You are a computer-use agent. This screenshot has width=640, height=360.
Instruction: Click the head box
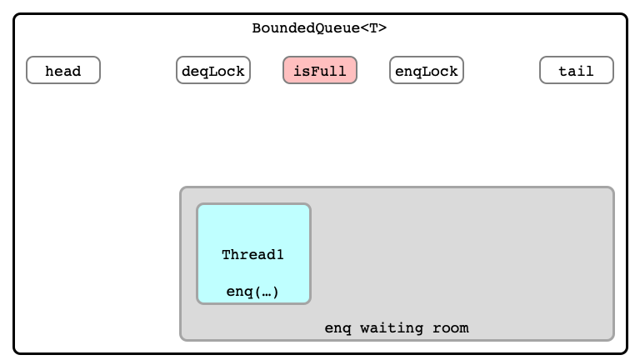63,70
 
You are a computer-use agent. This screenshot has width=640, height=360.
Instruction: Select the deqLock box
213,70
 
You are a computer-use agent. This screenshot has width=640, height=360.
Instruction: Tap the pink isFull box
320,70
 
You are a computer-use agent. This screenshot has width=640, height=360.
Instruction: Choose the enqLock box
427,70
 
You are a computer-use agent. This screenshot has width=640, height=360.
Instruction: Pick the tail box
577,70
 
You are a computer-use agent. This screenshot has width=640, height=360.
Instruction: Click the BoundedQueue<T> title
319,28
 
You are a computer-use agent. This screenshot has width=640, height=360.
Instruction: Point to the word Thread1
252,255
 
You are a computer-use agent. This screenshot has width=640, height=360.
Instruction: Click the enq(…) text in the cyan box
252,292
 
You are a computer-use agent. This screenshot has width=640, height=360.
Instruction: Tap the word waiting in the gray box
391,328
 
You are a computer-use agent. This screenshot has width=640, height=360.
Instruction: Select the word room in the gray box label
451,328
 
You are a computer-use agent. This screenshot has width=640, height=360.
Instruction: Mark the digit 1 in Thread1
280,255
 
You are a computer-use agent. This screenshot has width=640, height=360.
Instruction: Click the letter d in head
77,71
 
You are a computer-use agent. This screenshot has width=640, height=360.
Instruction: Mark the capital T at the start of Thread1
226,255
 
